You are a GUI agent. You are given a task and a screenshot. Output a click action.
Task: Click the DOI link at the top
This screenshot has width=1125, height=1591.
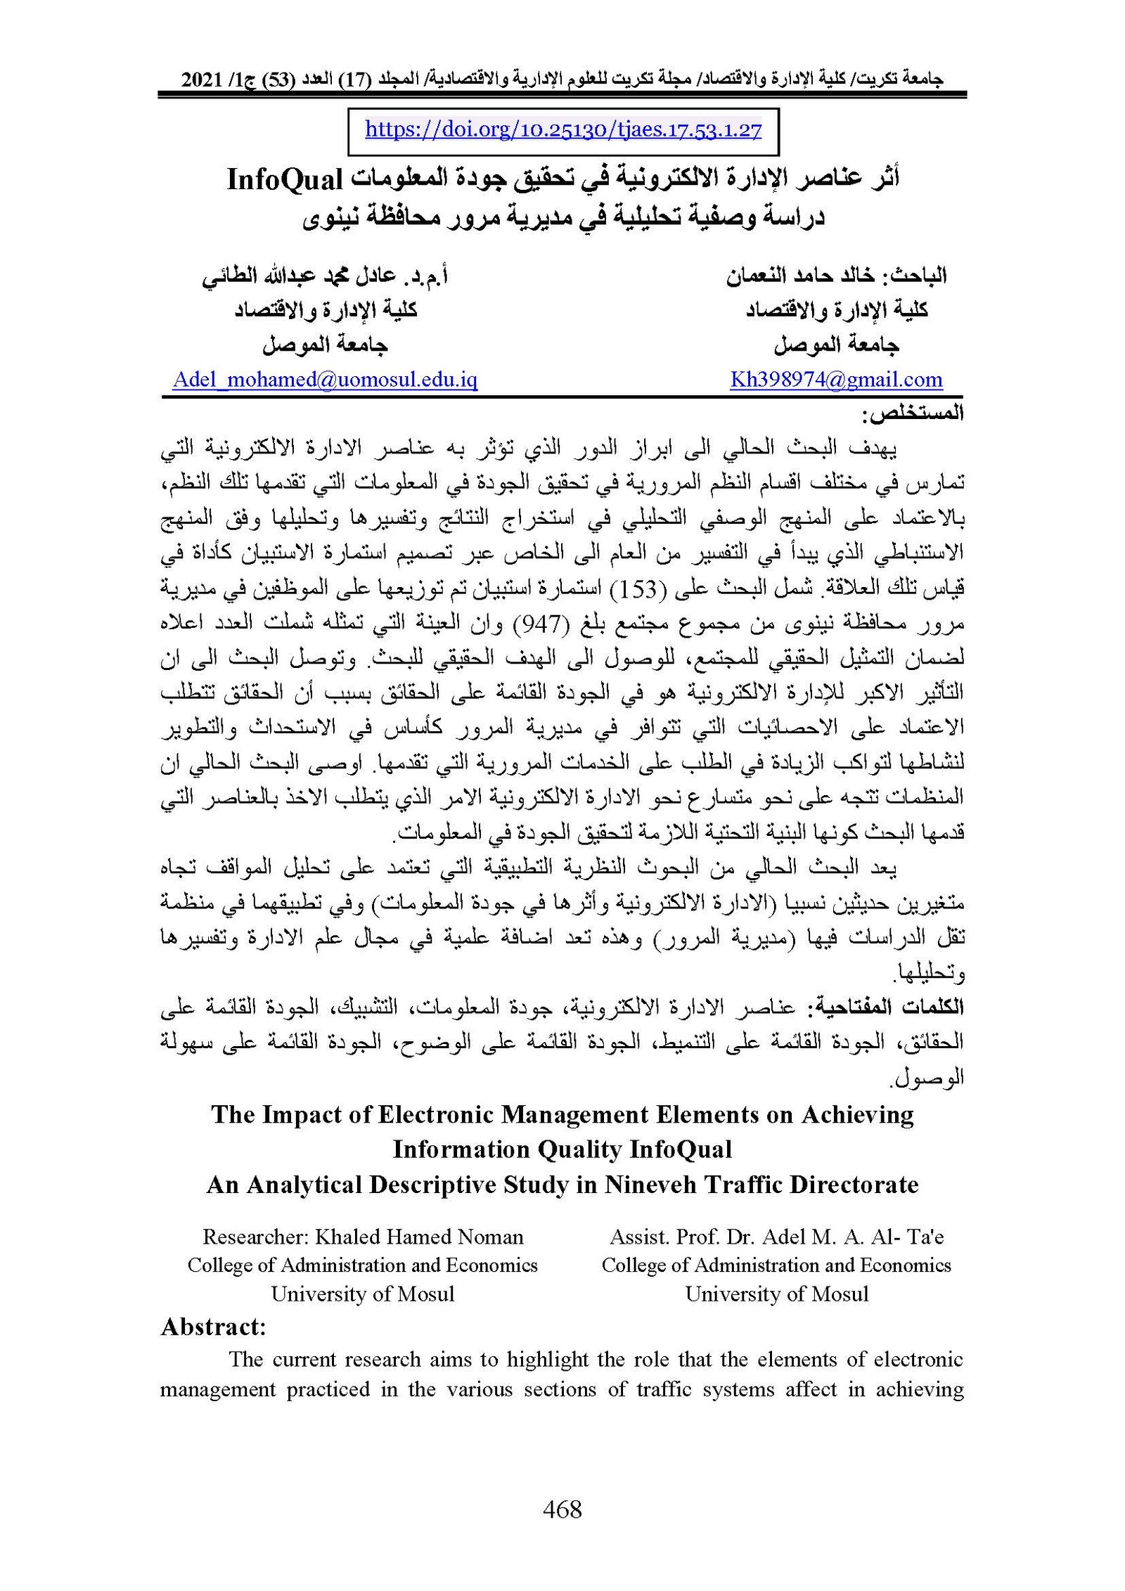(563, 130)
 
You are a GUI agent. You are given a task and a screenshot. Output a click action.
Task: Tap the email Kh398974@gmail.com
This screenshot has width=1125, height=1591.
(836, 380)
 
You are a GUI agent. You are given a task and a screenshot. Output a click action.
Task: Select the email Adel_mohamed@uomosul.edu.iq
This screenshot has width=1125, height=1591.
(325, 380)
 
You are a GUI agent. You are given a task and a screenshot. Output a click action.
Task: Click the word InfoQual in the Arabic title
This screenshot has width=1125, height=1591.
(285, 180)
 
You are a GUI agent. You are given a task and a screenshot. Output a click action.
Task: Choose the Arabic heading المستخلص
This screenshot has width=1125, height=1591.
(913, 414)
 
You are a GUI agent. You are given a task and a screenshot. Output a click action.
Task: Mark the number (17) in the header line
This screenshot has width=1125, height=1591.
(356, 79)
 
